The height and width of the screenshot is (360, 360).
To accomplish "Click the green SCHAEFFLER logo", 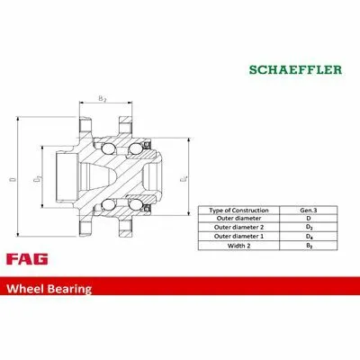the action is [x=295, y=70].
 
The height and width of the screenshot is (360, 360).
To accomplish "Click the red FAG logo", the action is [x=27, y=259].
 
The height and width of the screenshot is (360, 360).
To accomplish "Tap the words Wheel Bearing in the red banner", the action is [x=49, y=289].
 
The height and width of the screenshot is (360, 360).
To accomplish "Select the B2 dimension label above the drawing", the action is [x=103, y=98].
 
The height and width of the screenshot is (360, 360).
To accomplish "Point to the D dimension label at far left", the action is [x=13, y=179].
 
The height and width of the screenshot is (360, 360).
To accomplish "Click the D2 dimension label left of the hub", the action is [x=37, y=179].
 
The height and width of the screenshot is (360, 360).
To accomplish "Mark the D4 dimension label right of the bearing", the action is [x=184, y=179].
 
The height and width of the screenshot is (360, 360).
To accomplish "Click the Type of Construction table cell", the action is [x=238, y=211].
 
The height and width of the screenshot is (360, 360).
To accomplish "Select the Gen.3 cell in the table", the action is [x=309, y=211].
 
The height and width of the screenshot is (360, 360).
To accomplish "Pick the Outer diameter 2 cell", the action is [x=238, y=228].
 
